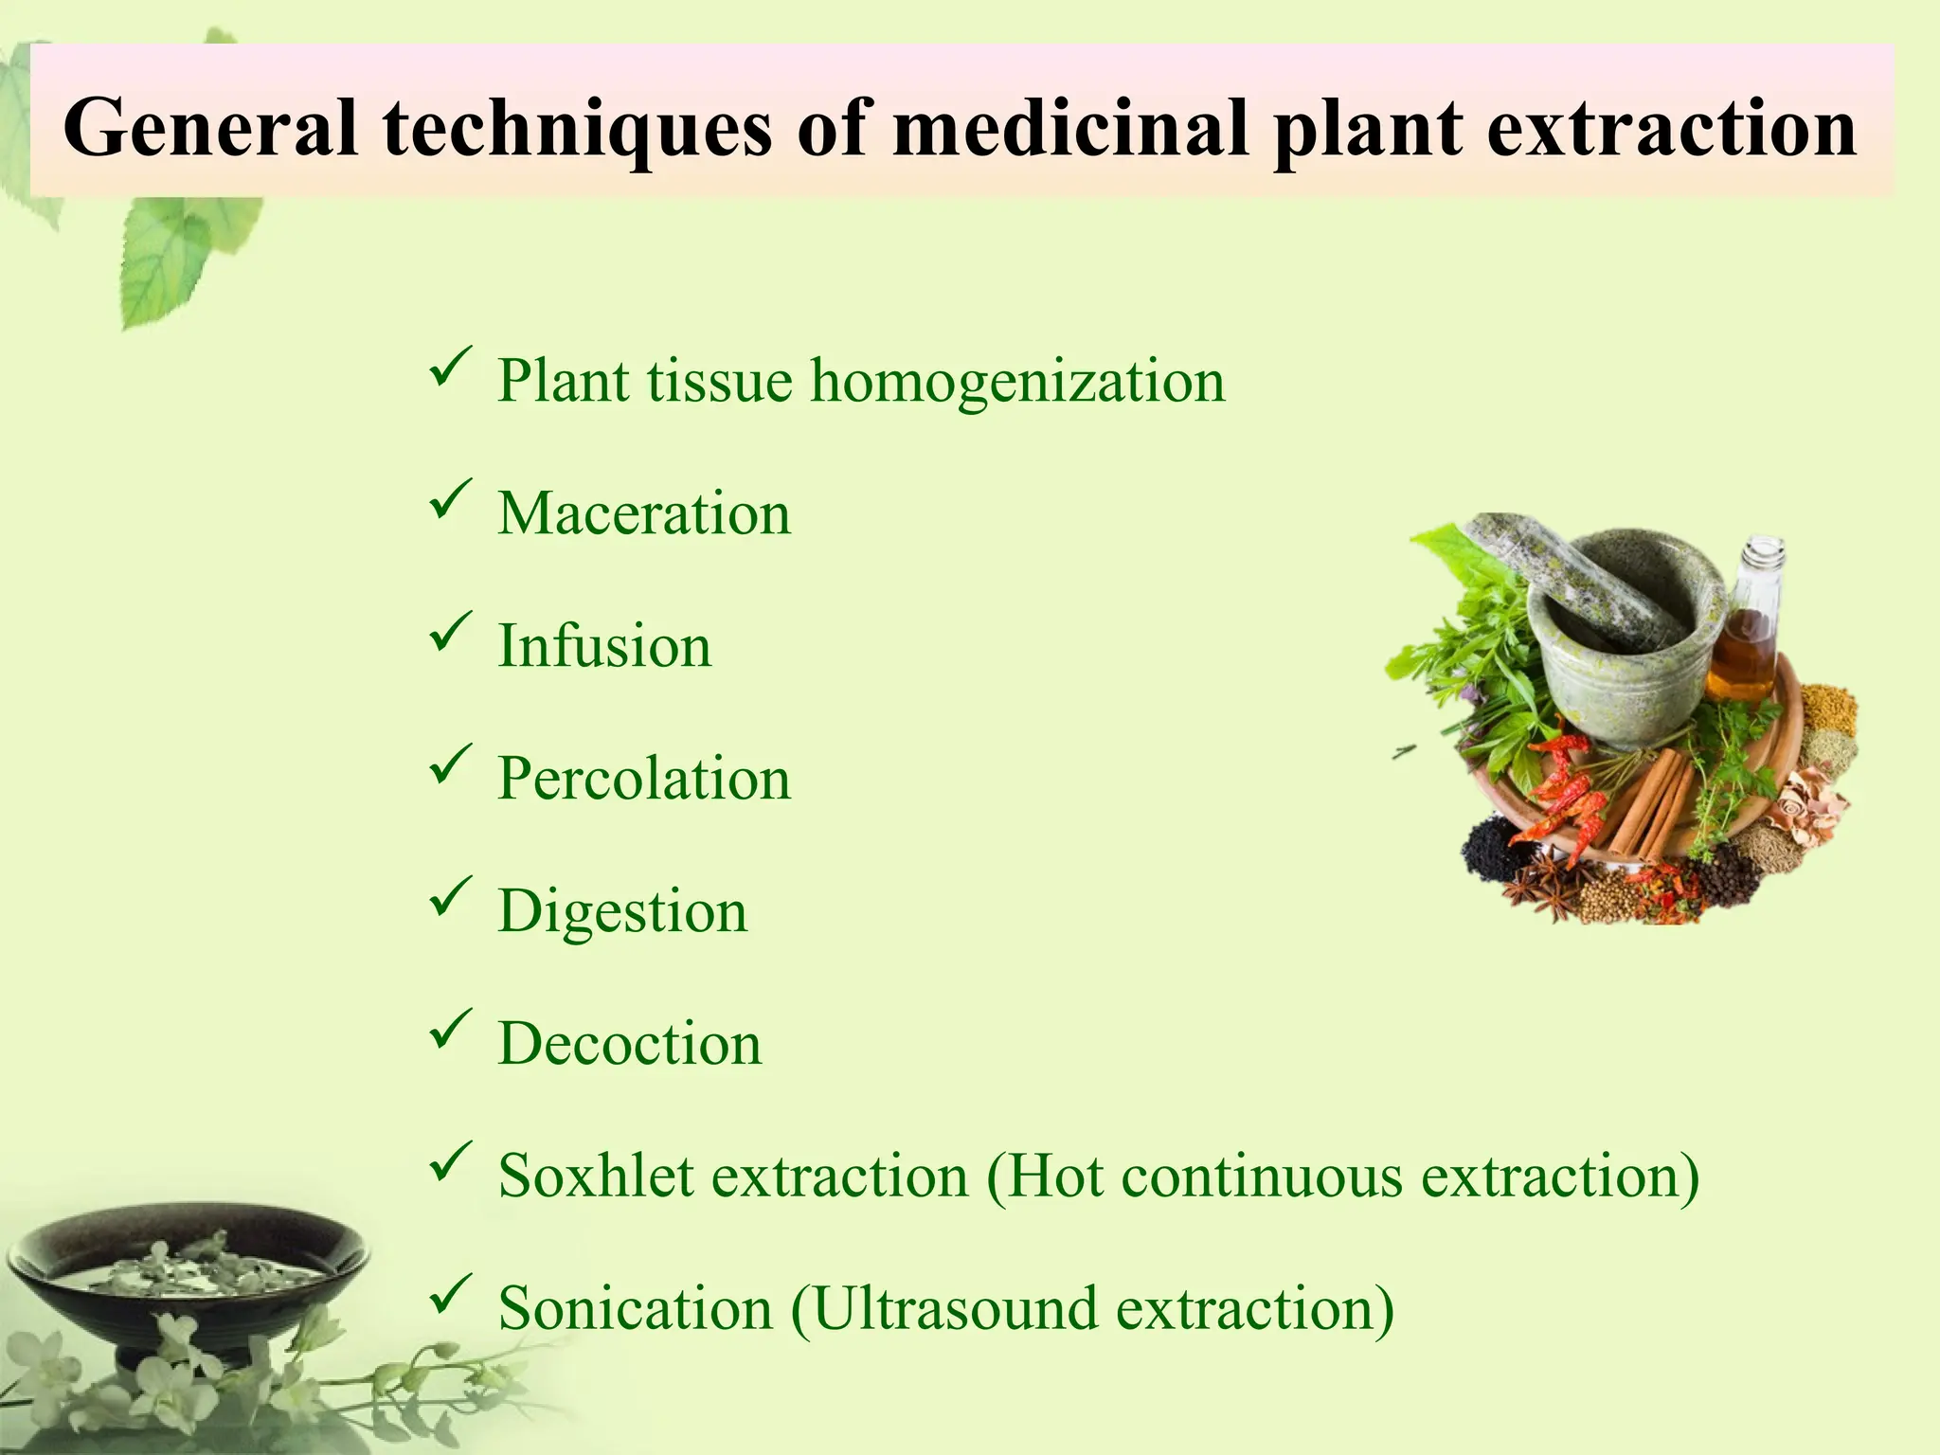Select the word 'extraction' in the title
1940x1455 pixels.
1671,128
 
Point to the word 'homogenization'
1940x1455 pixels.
1017,381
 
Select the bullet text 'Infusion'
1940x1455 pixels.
604,646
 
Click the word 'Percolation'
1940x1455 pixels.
644,779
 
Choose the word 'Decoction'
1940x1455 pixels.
630,1044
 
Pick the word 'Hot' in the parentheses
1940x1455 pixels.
1053,1177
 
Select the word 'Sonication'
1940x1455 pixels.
635,1309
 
